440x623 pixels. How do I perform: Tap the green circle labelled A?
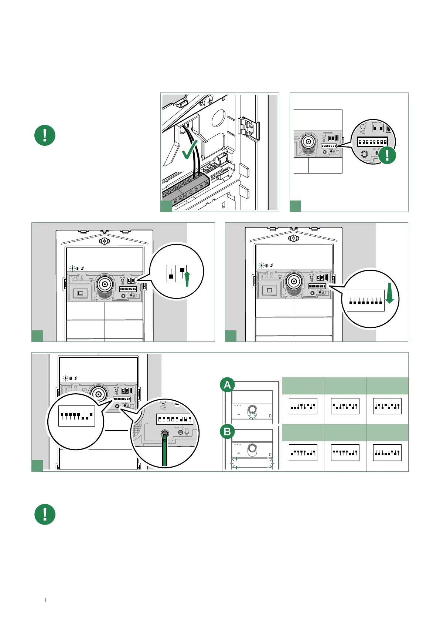(227, 385)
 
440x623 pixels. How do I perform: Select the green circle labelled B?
(227, 431)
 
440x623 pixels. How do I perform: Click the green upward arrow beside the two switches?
(187, 279)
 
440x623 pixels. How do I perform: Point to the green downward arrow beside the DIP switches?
(390, 294)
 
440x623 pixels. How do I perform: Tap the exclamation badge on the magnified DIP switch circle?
(387, 155)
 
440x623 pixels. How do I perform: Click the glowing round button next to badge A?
(252, 410)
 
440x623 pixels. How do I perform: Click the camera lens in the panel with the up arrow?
(105, 284)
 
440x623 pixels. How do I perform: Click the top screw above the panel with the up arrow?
(105, 241)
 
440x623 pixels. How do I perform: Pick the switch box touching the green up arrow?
(182, 273)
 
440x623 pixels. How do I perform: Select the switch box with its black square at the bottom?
(171, 273)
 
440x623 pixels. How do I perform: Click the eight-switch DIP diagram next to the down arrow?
(365, 300)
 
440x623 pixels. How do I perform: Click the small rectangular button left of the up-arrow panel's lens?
(81, 293)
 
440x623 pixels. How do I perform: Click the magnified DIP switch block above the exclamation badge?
(372, 142)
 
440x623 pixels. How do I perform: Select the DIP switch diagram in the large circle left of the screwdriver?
(76, 416)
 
